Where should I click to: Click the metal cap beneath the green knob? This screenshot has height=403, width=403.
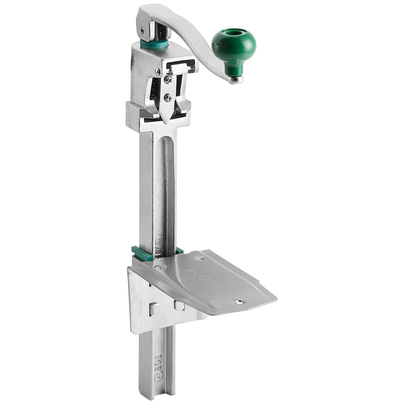pyautogui.click(x=236, y=79)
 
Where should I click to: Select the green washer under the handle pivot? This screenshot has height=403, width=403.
pyautogui.click(x=154, y=44)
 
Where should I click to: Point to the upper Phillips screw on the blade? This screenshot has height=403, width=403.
pyautogui.click(x=167, y=79)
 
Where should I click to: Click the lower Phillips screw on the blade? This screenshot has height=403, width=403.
pyautogui.click(x=168, y=97)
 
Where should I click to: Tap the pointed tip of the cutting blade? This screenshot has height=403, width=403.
pyautogui.click(x=166, y=118)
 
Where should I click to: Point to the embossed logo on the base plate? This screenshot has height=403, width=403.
pyautogui.click(x=201, y=276)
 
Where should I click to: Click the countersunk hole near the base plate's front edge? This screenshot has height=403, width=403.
pyautogui.click(x=239, y=301)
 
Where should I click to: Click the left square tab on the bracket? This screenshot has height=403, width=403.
pyautogui.click(x=154, y=309)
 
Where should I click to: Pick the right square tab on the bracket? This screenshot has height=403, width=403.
pyautogui.click(x=180, y=305)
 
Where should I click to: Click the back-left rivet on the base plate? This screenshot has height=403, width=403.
pyautogui.click(x=160, y=267)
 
